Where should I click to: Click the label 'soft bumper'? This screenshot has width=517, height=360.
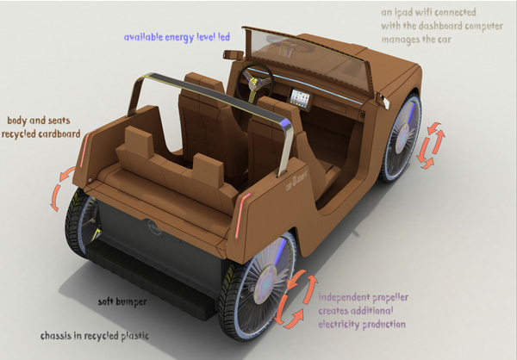coord(123,303)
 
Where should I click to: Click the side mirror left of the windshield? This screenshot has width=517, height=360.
coord(232,54)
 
